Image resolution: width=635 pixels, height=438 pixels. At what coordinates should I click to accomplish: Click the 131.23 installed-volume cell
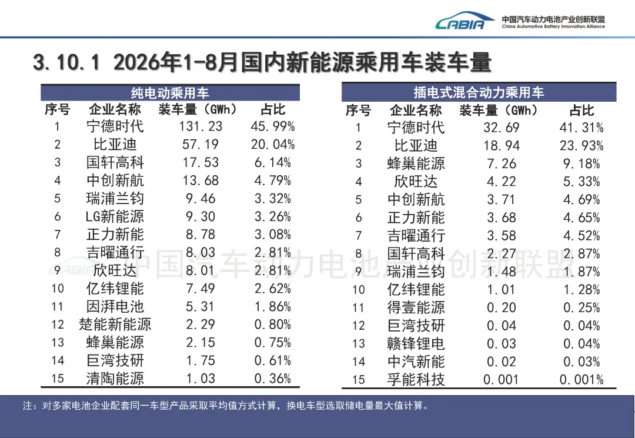pos(200,126)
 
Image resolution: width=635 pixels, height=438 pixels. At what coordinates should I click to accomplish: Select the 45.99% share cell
pos(273,126)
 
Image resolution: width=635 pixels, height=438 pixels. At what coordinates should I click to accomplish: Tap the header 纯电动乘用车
pos(170,93)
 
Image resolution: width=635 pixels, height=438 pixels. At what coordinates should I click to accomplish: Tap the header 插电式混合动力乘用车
pos(479,93)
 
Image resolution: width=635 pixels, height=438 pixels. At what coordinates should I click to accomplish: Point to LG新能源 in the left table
pos(115,216)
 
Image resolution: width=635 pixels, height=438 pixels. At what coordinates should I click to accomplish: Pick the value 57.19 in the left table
pos(200,144)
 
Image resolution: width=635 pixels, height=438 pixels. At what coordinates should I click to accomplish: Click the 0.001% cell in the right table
pos(581,379)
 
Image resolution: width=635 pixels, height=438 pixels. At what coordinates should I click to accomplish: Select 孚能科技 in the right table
pos(416,379)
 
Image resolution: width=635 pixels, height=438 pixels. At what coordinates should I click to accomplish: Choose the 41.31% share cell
pos(581,128)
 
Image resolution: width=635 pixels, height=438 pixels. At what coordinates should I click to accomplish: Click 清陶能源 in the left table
pos(115,378)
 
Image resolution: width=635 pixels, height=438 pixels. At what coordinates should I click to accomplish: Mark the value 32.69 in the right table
pos(502,128)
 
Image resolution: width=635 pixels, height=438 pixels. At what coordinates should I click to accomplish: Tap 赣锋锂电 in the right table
pos(416,343)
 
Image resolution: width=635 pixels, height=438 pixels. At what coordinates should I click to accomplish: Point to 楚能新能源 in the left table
pos(115,325)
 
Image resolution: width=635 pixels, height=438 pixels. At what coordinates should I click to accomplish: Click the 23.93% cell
pos(581,145)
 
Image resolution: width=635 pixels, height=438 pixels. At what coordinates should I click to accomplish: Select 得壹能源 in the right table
pos(416,307)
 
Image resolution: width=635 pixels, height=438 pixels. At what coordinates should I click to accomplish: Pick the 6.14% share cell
pos(273,162)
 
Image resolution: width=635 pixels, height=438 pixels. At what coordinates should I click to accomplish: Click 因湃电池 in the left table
pos(115,306)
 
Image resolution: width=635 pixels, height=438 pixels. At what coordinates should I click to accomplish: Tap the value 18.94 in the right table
pos(502,145)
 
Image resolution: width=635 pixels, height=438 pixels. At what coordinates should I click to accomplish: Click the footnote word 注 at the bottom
pos(28,406)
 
